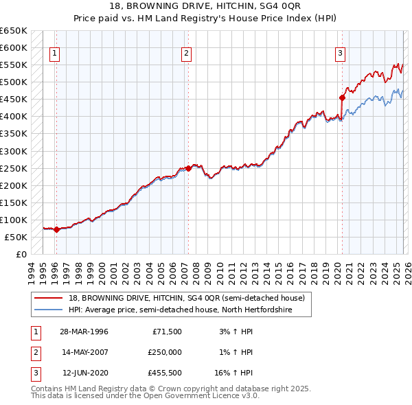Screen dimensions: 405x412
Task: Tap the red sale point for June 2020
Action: [x=341, y=97]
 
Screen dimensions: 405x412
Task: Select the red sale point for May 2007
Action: [x=188, y=168]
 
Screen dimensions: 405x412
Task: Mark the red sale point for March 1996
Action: [x=57, y=230]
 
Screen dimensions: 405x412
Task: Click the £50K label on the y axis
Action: [x=15, y=237]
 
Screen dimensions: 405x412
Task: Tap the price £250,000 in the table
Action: [x=164, y=352]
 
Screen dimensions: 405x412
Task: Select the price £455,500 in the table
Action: [x=164, y=373]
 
